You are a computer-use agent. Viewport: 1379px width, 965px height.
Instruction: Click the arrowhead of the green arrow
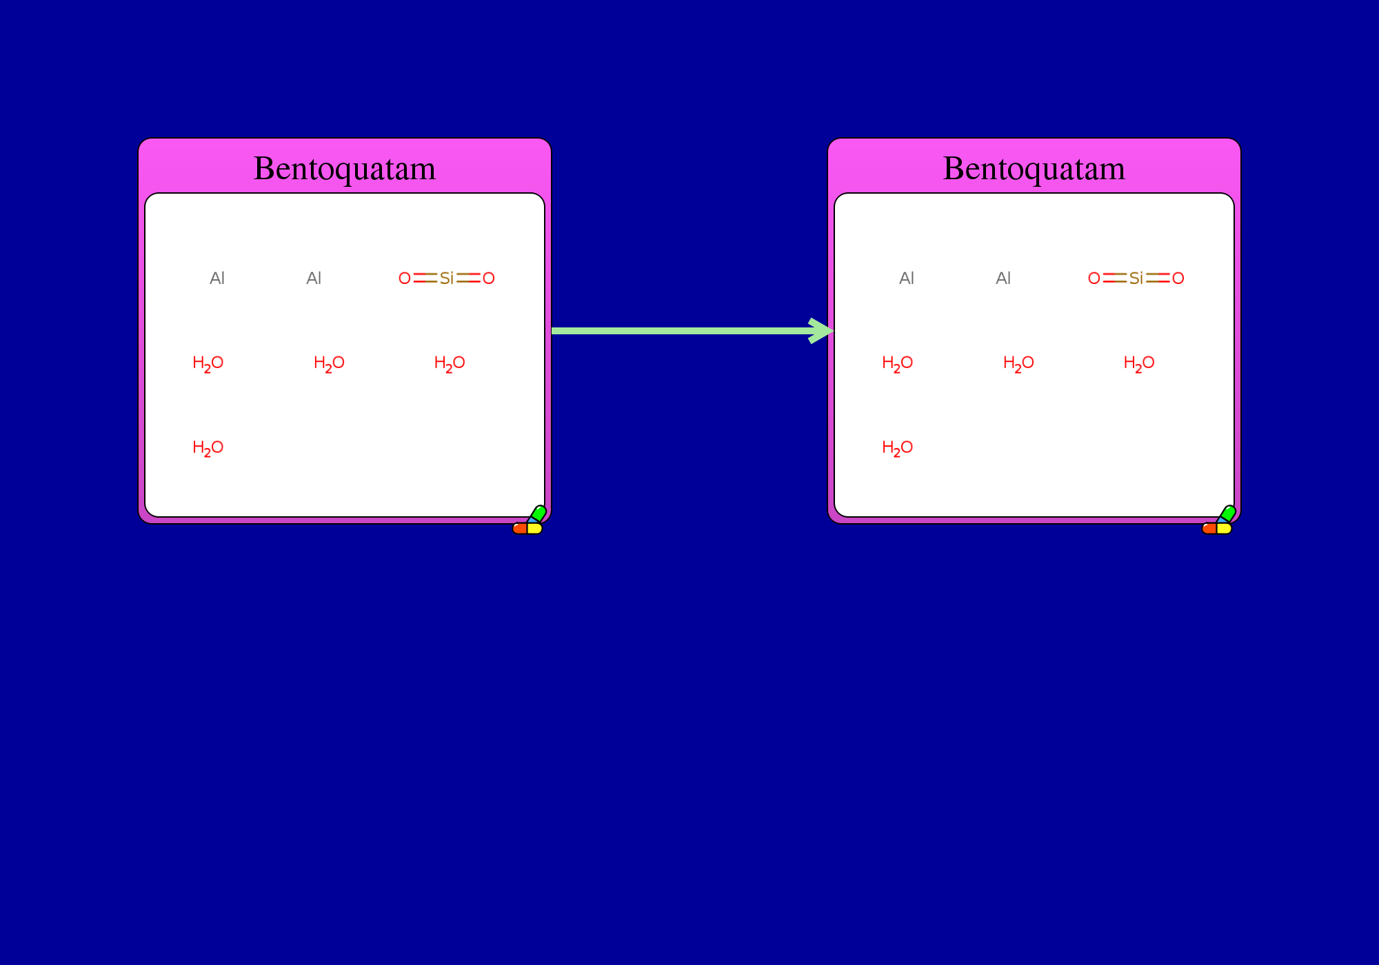pos(822,331)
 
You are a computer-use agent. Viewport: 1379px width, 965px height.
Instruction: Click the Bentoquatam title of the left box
pos(345,168)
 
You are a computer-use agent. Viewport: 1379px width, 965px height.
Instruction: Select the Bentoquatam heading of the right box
pos(1034,168)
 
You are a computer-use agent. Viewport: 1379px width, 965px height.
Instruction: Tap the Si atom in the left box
pos(447,278)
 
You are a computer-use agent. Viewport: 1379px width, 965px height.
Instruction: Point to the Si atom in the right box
pos(1136,278)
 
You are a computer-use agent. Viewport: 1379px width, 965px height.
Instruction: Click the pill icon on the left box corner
pos(530,520)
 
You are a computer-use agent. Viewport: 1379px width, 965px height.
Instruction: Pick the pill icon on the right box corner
pos(1219,520)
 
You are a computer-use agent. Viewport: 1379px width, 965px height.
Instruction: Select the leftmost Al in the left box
pos(217,278)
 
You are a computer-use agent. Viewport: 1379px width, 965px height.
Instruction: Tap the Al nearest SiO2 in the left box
pos(314,278)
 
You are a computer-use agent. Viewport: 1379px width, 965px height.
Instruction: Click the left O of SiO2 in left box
pos(405,278)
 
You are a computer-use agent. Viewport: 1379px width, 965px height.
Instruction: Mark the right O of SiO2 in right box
pos(1178,278)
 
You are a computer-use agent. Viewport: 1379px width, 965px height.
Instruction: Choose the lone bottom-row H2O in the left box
pos(208,448)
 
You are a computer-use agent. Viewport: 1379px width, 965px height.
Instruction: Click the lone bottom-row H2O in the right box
pos(898,448)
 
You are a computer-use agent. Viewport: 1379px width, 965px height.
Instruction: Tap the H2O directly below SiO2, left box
pos(450,363)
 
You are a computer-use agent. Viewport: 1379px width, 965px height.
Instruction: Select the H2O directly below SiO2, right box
pos(1139,363)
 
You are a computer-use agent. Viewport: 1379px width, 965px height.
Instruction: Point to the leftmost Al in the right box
pos(907,278)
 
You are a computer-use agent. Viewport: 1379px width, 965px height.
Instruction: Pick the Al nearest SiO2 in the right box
pos(1003,278)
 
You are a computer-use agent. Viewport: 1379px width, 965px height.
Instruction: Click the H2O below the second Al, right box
pos(1018,363)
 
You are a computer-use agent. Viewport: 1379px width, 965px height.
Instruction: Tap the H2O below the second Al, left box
pos(329,363)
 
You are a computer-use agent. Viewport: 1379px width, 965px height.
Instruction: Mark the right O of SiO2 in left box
pos(489,278)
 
